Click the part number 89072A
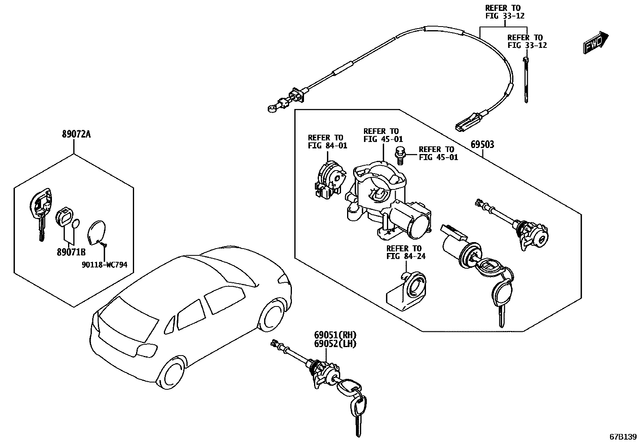(x=76, y=134)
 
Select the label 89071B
(x=71, y=252)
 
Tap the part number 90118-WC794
(x=104, y=265)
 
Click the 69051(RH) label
(x=335, y=335)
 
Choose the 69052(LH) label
(x=335, y=343)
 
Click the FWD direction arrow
(x=596, y=42)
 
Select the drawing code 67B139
(x=623, y=437)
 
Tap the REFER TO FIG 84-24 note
(x=404, y=252)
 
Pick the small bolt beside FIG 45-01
(x=400, y=156)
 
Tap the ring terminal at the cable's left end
(x=271, y=107)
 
